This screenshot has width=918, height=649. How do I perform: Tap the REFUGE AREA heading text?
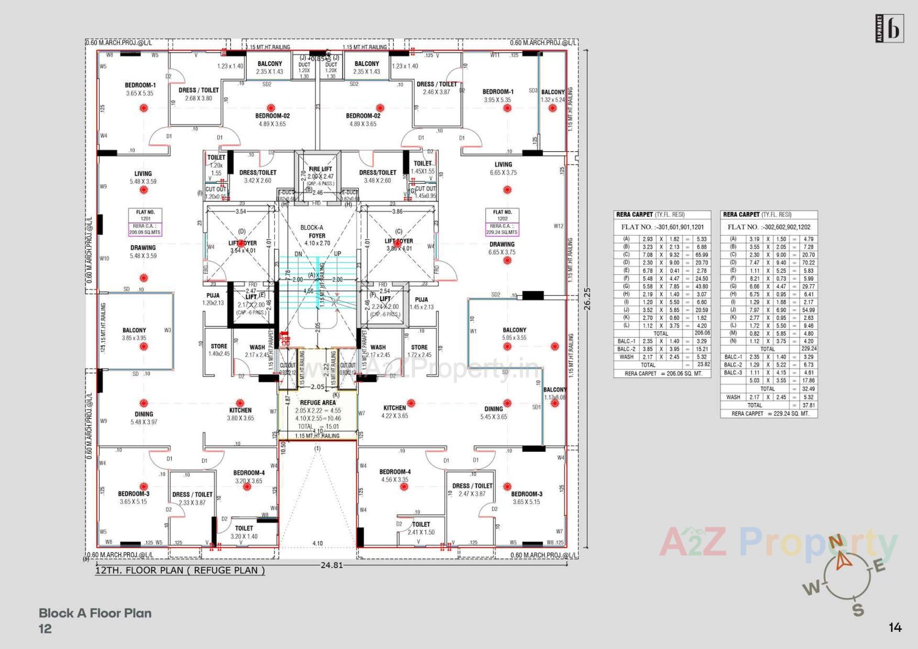pyautogui.click(x=317, y=403)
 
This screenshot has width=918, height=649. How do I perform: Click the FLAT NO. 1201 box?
pyautogui.click(x=145, y=222)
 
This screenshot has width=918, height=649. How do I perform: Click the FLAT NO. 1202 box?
pyautogui.click(x=502, y=222)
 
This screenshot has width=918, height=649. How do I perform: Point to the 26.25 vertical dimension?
pyautogui.click(x=588, y=299)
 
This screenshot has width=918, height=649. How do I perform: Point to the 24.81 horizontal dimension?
pyautogui.click(x=331, y=565)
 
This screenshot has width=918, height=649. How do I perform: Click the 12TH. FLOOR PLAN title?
pyautogui.click(x=180, y=571)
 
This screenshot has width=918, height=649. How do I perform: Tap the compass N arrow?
pyautogui.click(x=842, y=559)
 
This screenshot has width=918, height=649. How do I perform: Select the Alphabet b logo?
pyautogui.click(x=889, y=29)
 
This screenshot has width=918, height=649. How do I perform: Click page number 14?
pyautogui.click(x=895, y=627)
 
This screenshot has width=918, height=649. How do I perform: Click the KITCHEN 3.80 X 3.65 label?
pyautogui.click(x=240, y=414)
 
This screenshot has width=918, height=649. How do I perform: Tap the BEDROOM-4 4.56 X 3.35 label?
pyautogui.click(x=394, y=475)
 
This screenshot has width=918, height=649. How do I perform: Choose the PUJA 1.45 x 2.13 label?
pyautogui.click(x=421, y=303)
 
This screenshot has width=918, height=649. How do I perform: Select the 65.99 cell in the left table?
pyautogui.click(x=701, y=255)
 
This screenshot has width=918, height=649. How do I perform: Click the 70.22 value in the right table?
pyautogui.click(x=808, y=263)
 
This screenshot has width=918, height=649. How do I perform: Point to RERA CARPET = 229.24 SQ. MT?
pyautogui.click(x=770, y=414)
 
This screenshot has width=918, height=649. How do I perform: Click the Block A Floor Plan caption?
pyautogui.click(x=95, y=613)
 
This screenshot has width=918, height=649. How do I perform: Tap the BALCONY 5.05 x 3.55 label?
pyautogui.click(x=514, y=334)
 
